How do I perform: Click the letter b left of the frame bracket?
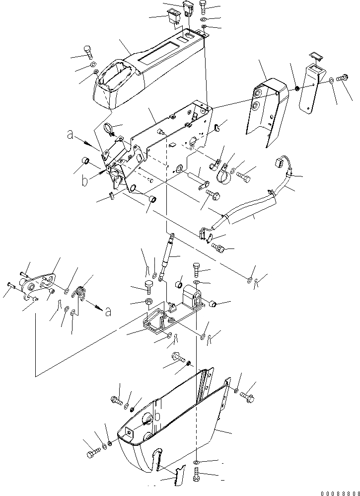tap(85, 180)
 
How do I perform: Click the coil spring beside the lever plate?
tap(80, 293)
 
